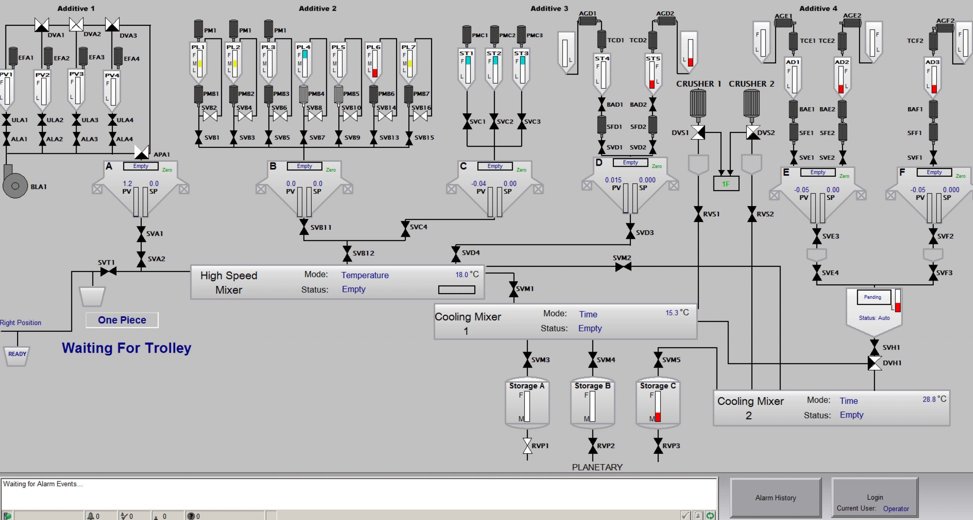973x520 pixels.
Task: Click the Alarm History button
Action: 775,498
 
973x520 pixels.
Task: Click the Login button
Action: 875,498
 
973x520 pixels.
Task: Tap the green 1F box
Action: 726,184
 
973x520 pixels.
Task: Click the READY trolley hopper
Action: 17,355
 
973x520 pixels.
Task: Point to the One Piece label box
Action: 122,320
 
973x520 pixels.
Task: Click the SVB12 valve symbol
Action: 347,254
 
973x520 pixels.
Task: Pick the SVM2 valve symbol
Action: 623,267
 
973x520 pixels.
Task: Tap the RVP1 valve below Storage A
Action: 527,446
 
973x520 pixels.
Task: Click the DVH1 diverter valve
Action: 875,363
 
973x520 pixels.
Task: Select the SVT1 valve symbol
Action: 108,271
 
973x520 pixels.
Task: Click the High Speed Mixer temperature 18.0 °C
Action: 467,274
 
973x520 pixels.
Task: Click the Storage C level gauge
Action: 658,406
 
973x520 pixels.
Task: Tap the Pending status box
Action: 873,297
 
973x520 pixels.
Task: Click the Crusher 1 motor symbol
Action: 698,102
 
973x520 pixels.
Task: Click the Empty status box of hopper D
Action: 630,163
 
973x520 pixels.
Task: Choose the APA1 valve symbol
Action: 142,153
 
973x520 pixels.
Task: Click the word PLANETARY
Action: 597,467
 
